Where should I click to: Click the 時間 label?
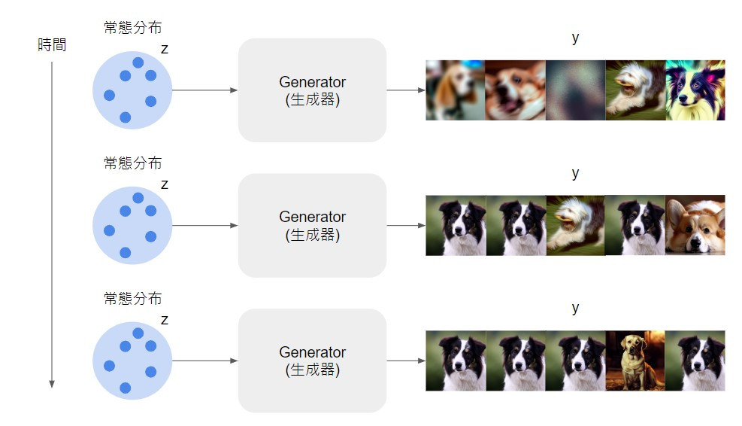52,45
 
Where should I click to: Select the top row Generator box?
312,90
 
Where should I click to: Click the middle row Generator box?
312,226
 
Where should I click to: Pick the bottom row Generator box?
312,361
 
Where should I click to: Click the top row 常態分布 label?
132,28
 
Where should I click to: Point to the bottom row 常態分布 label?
132,298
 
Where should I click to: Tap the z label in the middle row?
165,184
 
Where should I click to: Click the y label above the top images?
575,38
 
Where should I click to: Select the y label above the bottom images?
575,308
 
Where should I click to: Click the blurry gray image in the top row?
575,90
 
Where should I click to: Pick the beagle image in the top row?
455,90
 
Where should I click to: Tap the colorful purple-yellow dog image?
695,90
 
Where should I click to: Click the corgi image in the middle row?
695,226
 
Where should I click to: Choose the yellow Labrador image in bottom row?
635,361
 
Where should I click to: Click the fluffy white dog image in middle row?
575,226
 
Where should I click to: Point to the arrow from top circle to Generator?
204,90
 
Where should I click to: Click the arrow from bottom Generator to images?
406,361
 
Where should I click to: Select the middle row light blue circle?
132,226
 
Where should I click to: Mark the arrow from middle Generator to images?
406,226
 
